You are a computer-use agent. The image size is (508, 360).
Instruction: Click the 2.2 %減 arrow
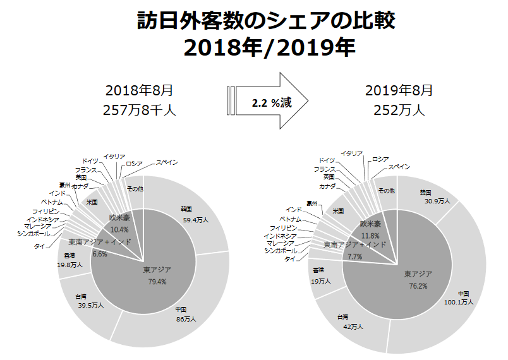[269, 101]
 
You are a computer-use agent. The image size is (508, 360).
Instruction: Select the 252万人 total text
[399, 109]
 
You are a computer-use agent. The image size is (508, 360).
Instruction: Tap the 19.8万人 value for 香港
[68, 266]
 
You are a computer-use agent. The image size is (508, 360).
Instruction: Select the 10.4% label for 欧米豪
[119, 229]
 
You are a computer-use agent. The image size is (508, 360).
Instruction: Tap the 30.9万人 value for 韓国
[437, 201]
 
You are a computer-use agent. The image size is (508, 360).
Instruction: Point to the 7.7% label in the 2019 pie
[354, 256]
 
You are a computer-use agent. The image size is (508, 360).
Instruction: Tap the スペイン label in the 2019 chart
[399, 167]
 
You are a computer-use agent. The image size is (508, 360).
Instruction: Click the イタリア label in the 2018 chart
[114, 156]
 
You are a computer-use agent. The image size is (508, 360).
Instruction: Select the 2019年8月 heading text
[399, 90]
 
